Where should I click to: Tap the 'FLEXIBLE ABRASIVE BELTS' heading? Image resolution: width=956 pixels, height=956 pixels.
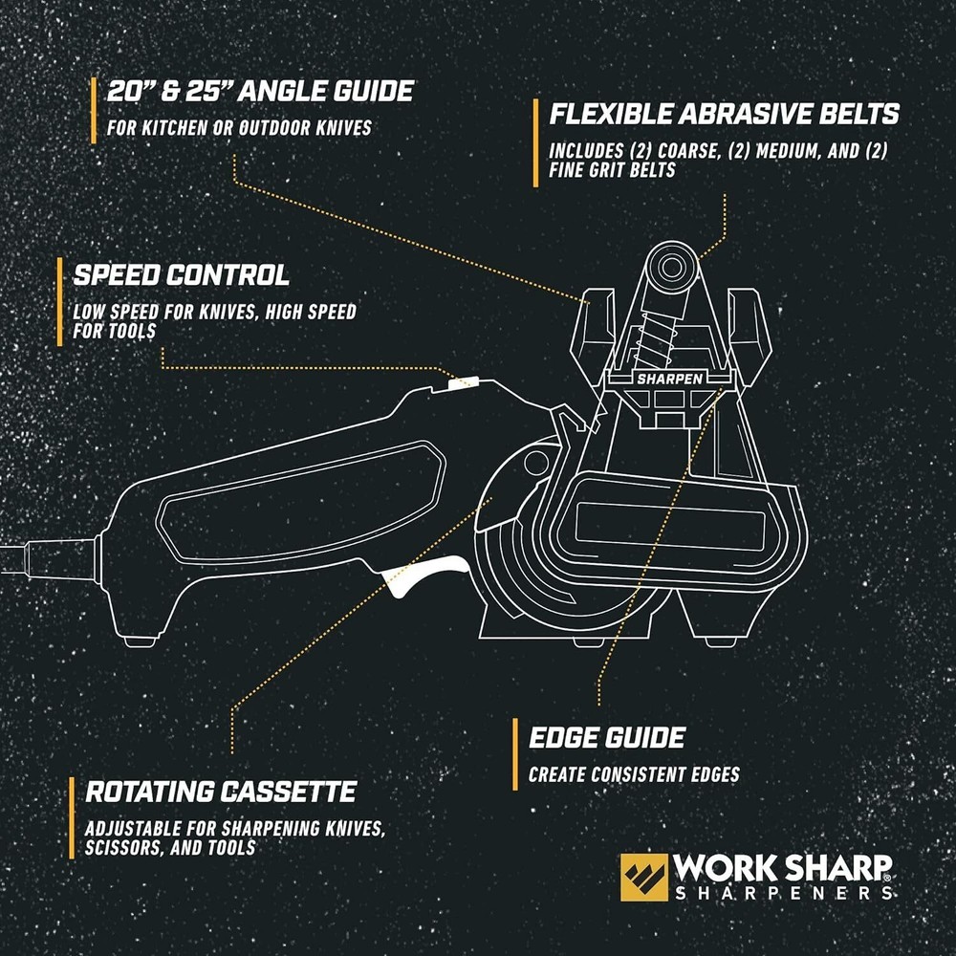[724, 114]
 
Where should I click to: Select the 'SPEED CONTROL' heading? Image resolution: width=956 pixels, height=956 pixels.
[181, 275]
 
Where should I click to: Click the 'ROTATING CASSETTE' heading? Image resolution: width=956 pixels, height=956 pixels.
[221, 792]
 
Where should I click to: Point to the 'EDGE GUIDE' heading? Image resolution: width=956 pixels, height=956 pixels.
[607, 737]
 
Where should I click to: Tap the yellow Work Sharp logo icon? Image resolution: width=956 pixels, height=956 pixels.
[643, 878]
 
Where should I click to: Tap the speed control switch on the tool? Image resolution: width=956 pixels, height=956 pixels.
[462, 382]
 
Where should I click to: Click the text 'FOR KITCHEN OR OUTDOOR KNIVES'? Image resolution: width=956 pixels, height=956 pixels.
[239, 127]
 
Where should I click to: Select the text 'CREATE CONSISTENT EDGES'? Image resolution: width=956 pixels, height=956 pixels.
[634, 774]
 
